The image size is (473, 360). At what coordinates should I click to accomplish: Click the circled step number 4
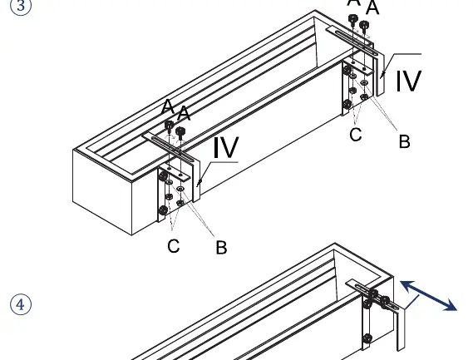pyautogui.click(x=21, y=305)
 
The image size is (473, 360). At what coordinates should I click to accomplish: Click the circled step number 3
pyautogui.click(x=21, y=6)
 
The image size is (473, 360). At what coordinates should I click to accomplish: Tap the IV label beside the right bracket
pyautogui.click(x=408, y=81)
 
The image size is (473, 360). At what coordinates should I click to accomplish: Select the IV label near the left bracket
pyautogui.click(x=226, y=147)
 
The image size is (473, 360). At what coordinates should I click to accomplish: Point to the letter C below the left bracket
pyautogui.click(x=174, y=246)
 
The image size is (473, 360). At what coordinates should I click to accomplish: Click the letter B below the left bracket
pyautogui.click(x=221, y=247)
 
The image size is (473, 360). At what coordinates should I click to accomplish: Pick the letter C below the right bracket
pyautogui.click(x=356, y=135)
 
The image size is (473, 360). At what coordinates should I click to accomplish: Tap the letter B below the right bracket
pyautogui.click(x=404, y=141)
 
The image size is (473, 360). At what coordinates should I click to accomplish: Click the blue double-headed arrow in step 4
pyautogui.click(x=428, y=295)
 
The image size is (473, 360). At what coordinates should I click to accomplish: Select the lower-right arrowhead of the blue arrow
pyautogui.click(x=451, y=305)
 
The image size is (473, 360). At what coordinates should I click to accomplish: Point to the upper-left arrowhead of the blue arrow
pyautogui.click(x=406, y=285)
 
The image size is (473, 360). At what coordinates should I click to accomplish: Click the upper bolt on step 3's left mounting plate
pyautogui.click(x=163, y=175)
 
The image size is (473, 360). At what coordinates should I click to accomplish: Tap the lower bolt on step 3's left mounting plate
pyautogui.click(x=163, y=210)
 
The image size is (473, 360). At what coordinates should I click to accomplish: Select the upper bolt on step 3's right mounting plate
pyautogui.click(x=347, y=70)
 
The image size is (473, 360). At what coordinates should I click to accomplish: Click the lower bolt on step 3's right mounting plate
pyautogui.click(x=347, y=105)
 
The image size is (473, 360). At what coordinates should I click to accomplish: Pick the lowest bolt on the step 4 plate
pyautogui.click(x=367, y=338)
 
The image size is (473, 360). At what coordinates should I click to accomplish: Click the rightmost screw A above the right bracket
pyautogui.click(x=364, y=26)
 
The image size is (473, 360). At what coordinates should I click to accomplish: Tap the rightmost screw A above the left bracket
pyautogui.click(x=180, y=133)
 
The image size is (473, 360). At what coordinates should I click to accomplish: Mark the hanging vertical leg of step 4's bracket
pyautogui.click(x=400, y=329)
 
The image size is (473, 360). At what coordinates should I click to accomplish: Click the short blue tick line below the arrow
pyautogui.click(x=411, y=303)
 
